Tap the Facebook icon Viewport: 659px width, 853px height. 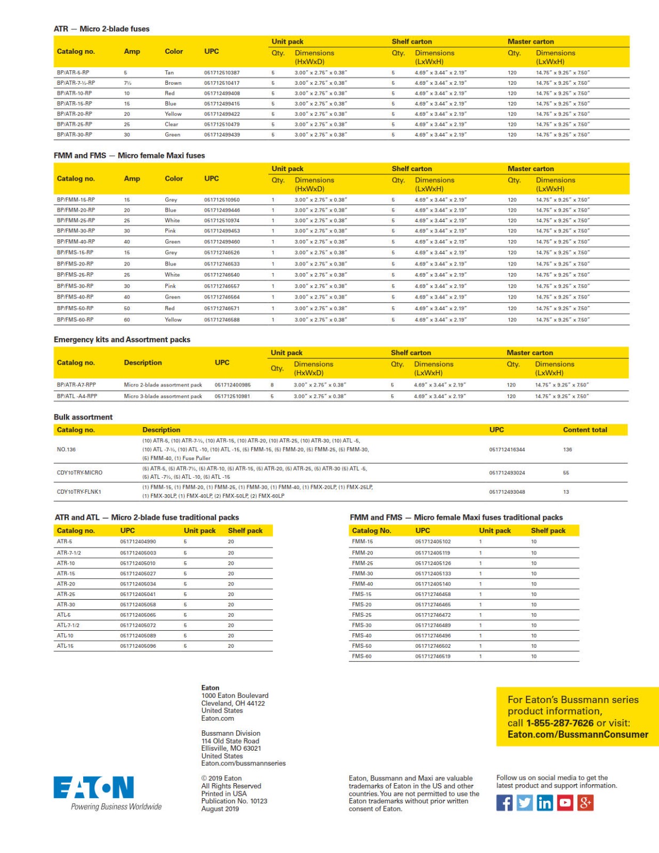[504, 803]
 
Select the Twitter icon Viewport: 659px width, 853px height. [525, 803]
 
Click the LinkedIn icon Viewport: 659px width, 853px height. [544, 803]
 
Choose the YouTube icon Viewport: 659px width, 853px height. [565, 803]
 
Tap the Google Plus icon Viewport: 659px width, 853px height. [585, 803]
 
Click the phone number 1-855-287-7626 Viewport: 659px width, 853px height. [559, 723]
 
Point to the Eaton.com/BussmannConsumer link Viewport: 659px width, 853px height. [577, 735]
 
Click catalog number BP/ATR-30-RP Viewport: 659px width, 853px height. [74, 135]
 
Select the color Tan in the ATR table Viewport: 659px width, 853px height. [169, 73]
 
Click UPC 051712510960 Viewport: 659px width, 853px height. [222, 200]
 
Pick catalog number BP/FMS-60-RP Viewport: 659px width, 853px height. [75, 320]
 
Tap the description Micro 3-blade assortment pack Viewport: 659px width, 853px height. [163, 396]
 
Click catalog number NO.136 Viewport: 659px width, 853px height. [66, 449]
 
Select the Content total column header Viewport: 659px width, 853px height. [584, 430]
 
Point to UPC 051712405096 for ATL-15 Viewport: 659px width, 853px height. [138, 646]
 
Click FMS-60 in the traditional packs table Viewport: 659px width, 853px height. [361, 656]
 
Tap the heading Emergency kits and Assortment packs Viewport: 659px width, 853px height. [122, 340]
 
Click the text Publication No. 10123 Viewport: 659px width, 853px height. [234, 801]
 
